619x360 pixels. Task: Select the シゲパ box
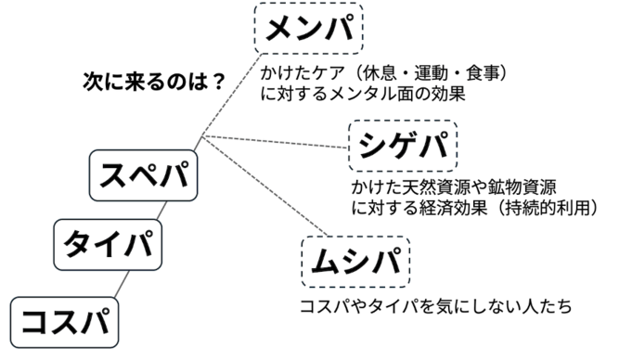click(401, 145)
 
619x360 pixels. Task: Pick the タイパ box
click(108, 242)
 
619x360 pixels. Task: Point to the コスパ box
click(66, 321)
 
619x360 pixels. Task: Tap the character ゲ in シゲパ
click(401, 145)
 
